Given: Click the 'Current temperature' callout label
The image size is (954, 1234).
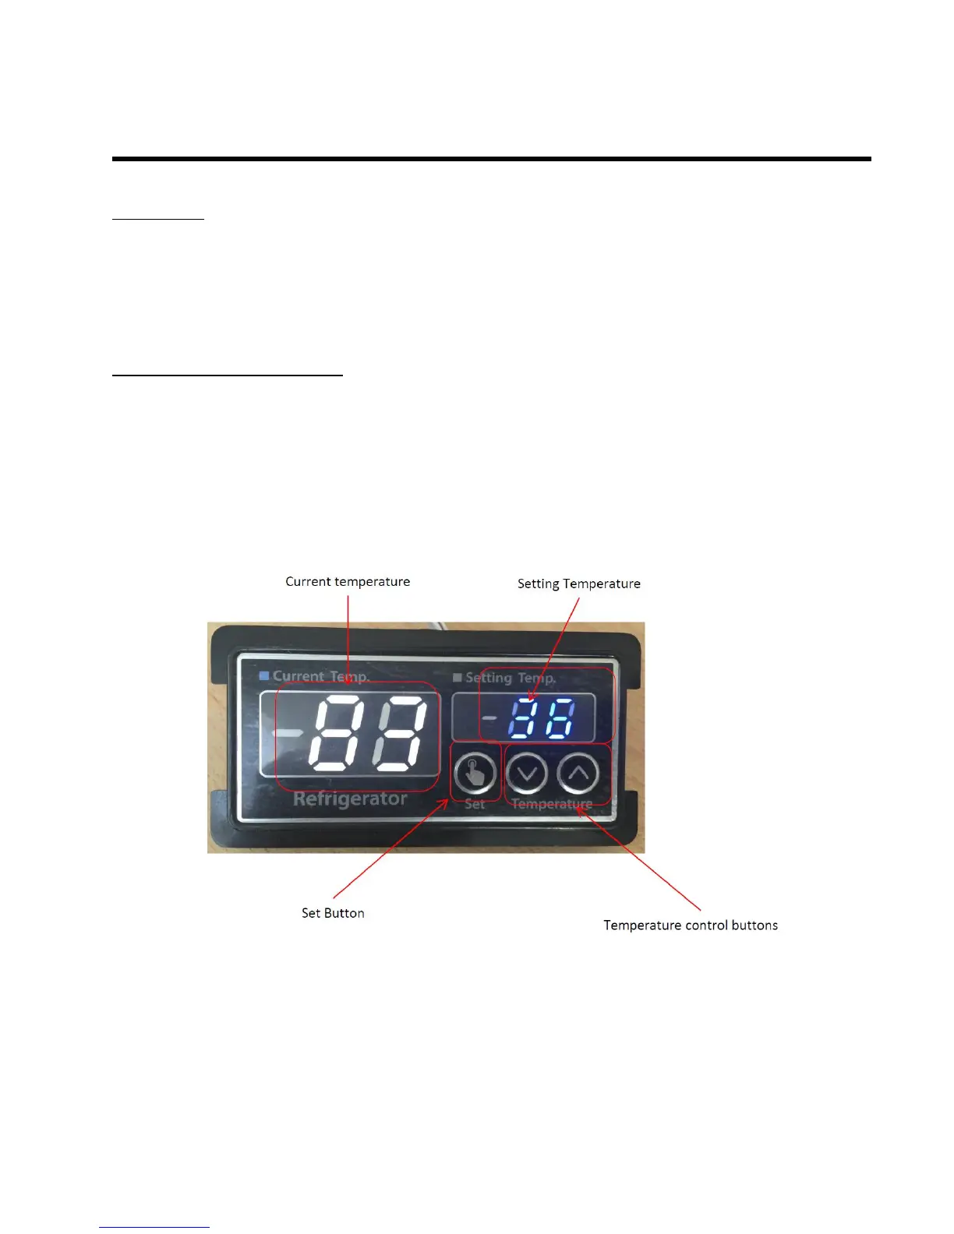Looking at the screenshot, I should point(348,582).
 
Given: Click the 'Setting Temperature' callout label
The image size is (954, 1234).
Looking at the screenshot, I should point(579,584).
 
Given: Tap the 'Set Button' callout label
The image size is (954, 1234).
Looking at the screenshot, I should point(333,913).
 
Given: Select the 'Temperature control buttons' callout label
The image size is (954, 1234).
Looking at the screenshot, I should point(691,926).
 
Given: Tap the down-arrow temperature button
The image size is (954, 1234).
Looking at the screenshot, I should point(528,774).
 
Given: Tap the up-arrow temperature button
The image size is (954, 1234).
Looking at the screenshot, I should point(578,774).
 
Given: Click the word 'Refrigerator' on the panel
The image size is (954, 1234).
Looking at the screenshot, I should point(350,799).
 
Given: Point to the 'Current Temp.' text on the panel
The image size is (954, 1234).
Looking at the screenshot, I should point(320,677).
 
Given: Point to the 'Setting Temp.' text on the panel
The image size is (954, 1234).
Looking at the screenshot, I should point(511,678).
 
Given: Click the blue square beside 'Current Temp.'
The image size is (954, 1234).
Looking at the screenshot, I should point(264,676).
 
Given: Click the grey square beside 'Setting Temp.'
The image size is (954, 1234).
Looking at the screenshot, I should point(458,678).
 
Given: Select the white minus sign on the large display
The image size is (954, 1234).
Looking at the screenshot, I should point(289,733).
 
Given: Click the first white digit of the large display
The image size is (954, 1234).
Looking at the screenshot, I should point(340,733).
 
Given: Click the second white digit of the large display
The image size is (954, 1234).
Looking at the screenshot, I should point(400,733).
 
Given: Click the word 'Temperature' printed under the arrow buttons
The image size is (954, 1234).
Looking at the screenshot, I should point(552,804).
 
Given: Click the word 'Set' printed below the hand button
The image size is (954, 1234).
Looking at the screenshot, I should point(475,804).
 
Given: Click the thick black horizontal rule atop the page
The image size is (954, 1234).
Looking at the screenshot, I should point(491,159).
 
